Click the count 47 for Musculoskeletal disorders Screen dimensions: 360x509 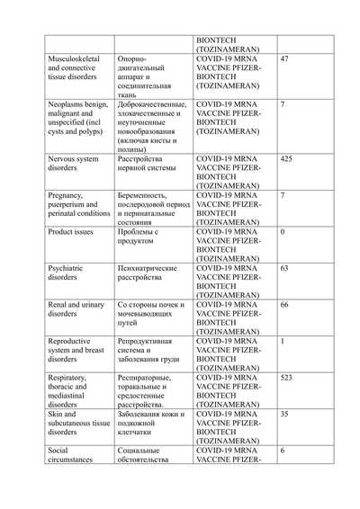[285, 58]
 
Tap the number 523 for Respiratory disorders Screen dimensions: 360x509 [288, 378]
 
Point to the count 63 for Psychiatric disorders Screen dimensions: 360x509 [285, 268]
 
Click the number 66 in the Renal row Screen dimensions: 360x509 [285, 305]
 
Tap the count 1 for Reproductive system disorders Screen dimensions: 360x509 [283, 342]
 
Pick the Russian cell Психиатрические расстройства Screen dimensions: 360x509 [148, 273]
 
